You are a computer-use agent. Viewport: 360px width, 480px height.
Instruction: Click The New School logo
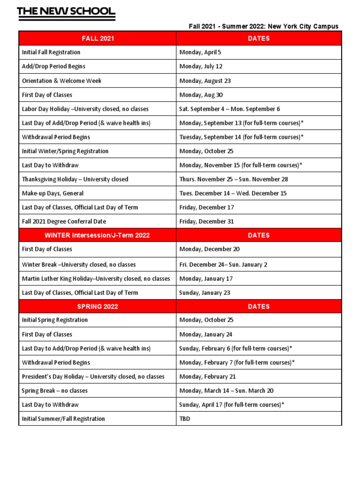(x=66, y=13)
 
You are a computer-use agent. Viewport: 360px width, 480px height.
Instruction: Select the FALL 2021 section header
(x=97, y=38)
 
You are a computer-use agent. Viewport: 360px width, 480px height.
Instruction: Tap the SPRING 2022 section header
(x=97, y=307)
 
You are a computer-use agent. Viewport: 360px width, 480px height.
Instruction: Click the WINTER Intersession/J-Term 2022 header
(x=97, y=235)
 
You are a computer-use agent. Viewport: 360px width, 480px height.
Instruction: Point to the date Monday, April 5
(x=200, y=52)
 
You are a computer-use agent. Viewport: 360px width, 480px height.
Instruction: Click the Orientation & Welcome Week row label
(x=61, y=81)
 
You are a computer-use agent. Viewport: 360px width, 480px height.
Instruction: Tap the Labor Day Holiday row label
(x=85, y=109)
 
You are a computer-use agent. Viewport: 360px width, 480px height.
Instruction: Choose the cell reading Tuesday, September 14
(x=241, y=137)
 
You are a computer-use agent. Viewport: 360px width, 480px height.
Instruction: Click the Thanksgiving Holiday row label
(x=75, y=179)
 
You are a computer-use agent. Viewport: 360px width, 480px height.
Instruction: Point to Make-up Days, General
(x=52, y=193)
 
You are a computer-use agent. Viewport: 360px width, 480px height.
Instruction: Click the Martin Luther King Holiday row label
(x=96, y=278)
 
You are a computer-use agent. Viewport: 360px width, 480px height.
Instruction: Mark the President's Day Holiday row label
(x=93, y=376)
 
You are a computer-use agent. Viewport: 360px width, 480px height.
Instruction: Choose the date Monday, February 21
(x=207, y=376)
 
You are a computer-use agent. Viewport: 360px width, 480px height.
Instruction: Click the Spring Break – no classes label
(x=54, y=390)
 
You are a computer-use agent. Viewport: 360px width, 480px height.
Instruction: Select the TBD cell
(x=185, y=419)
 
